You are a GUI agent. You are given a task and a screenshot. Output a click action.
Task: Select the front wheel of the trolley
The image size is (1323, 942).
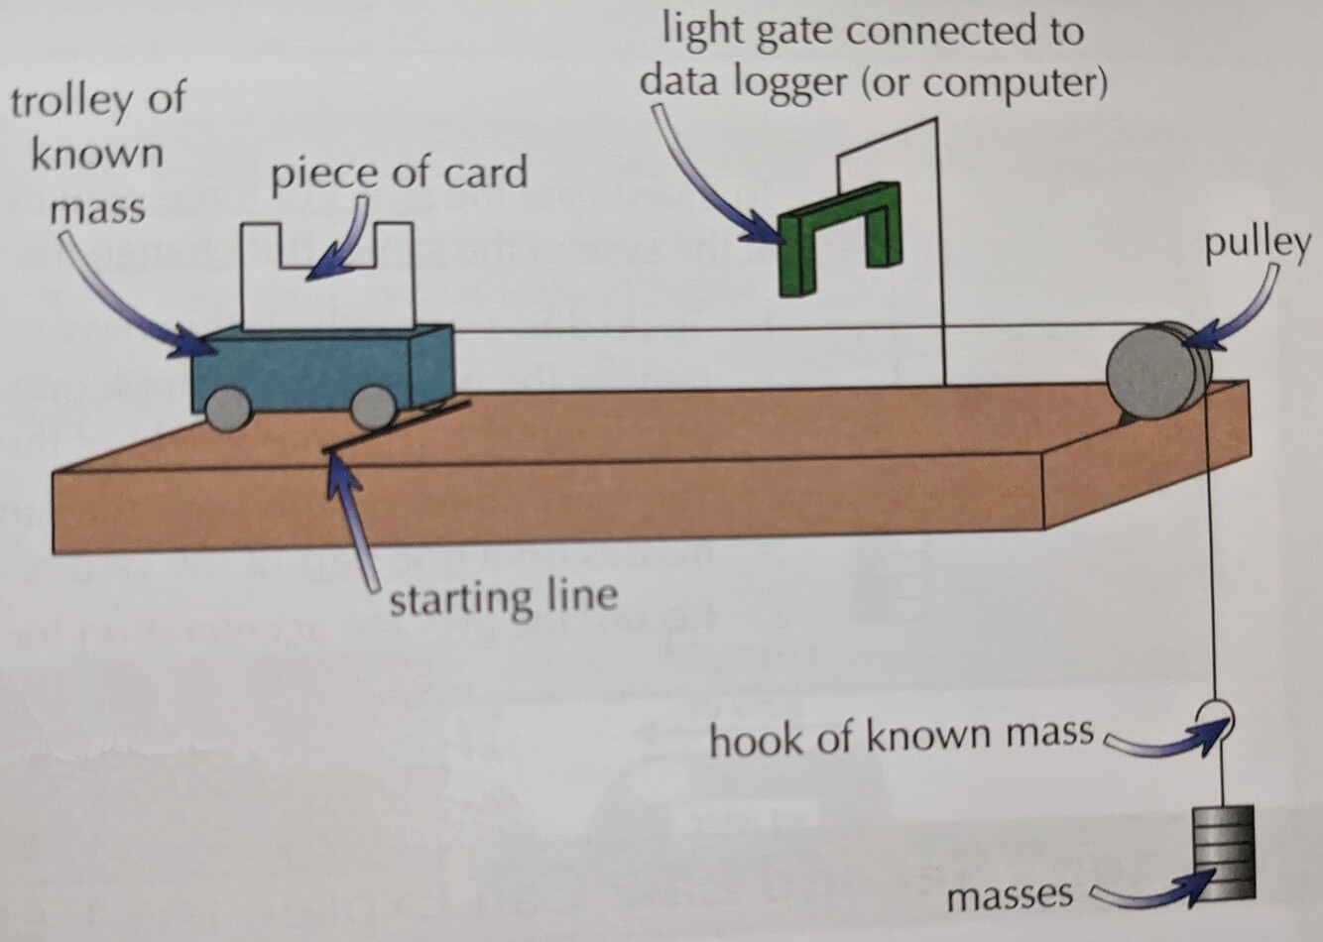[x=373, y=407]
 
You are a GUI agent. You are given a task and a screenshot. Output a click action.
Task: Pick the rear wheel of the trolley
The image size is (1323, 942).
[x=227, y=409]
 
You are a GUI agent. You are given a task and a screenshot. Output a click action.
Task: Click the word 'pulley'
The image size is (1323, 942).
[x=1257, y=244]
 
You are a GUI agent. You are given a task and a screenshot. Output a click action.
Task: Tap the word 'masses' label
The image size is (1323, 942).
[x=1009, y=895]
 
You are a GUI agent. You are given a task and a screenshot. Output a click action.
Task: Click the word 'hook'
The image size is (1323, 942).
[x=754, y=738]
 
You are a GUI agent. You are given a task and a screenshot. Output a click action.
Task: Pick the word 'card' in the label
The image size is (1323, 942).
[x=485, y=174]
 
